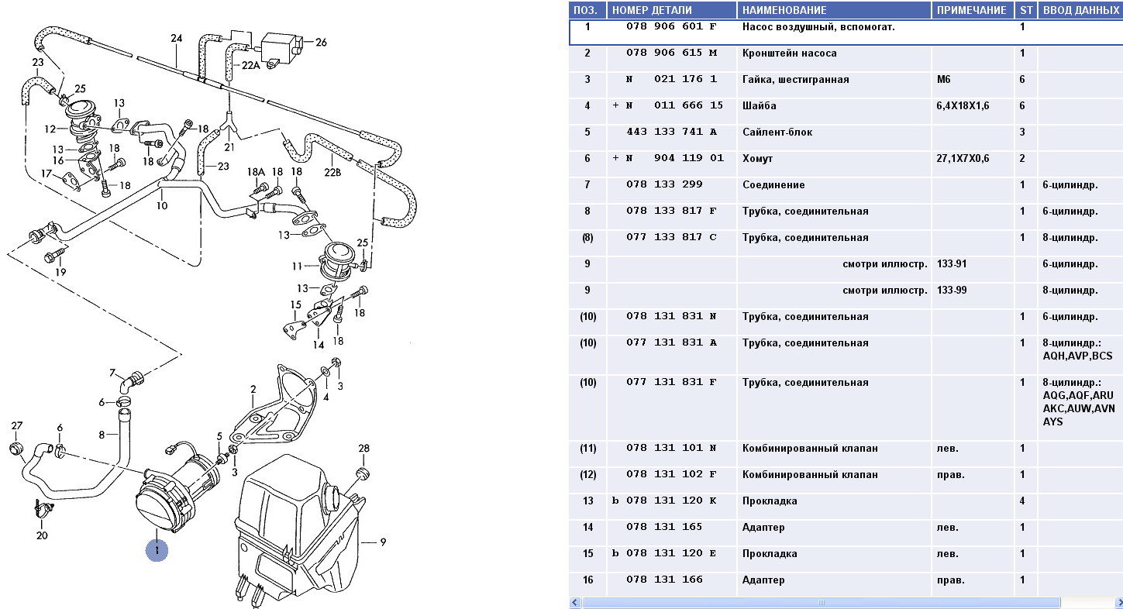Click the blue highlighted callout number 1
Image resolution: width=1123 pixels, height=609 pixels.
point(157,551)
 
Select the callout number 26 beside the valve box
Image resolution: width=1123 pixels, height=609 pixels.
point(321,42)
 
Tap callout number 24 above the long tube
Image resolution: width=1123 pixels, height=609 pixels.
point(176,38)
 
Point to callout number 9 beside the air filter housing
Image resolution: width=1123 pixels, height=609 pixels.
point(382,542)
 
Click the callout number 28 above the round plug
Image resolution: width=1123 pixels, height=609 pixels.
point(363,449)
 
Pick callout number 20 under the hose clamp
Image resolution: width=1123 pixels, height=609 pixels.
point(42,535)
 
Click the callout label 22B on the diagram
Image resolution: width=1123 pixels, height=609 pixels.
point(332,172)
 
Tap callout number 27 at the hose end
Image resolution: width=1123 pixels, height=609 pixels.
point(17,425)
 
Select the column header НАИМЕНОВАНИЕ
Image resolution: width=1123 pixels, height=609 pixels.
point(784,10)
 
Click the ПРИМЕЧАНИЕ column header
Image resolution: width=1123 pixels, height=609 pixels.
point(972,10)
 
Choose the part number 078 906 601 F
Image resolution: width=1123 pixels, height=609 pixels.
point(671,27)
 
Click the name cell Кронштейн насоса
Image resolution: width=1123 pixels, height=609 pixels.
point(789,53)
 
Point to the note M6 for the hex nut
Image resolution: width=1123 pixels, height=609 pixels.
point(946,80)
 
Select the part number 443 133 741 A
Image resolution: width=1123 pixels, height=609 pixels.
point(671,132)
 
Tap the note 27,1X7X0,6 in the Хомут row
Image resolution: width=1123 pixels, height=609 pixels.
point(963,159)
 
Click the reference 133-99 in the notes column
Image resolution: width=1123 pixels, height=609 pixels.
point(953,291)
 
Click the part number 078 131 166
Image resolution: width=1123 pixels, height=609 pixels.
point(664,580)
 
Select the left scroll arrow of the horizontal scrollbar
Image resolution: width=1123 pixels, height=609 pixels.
point(574,602)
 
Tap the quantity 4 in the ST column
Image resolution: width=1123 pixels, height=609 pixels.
point(1022,501)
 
